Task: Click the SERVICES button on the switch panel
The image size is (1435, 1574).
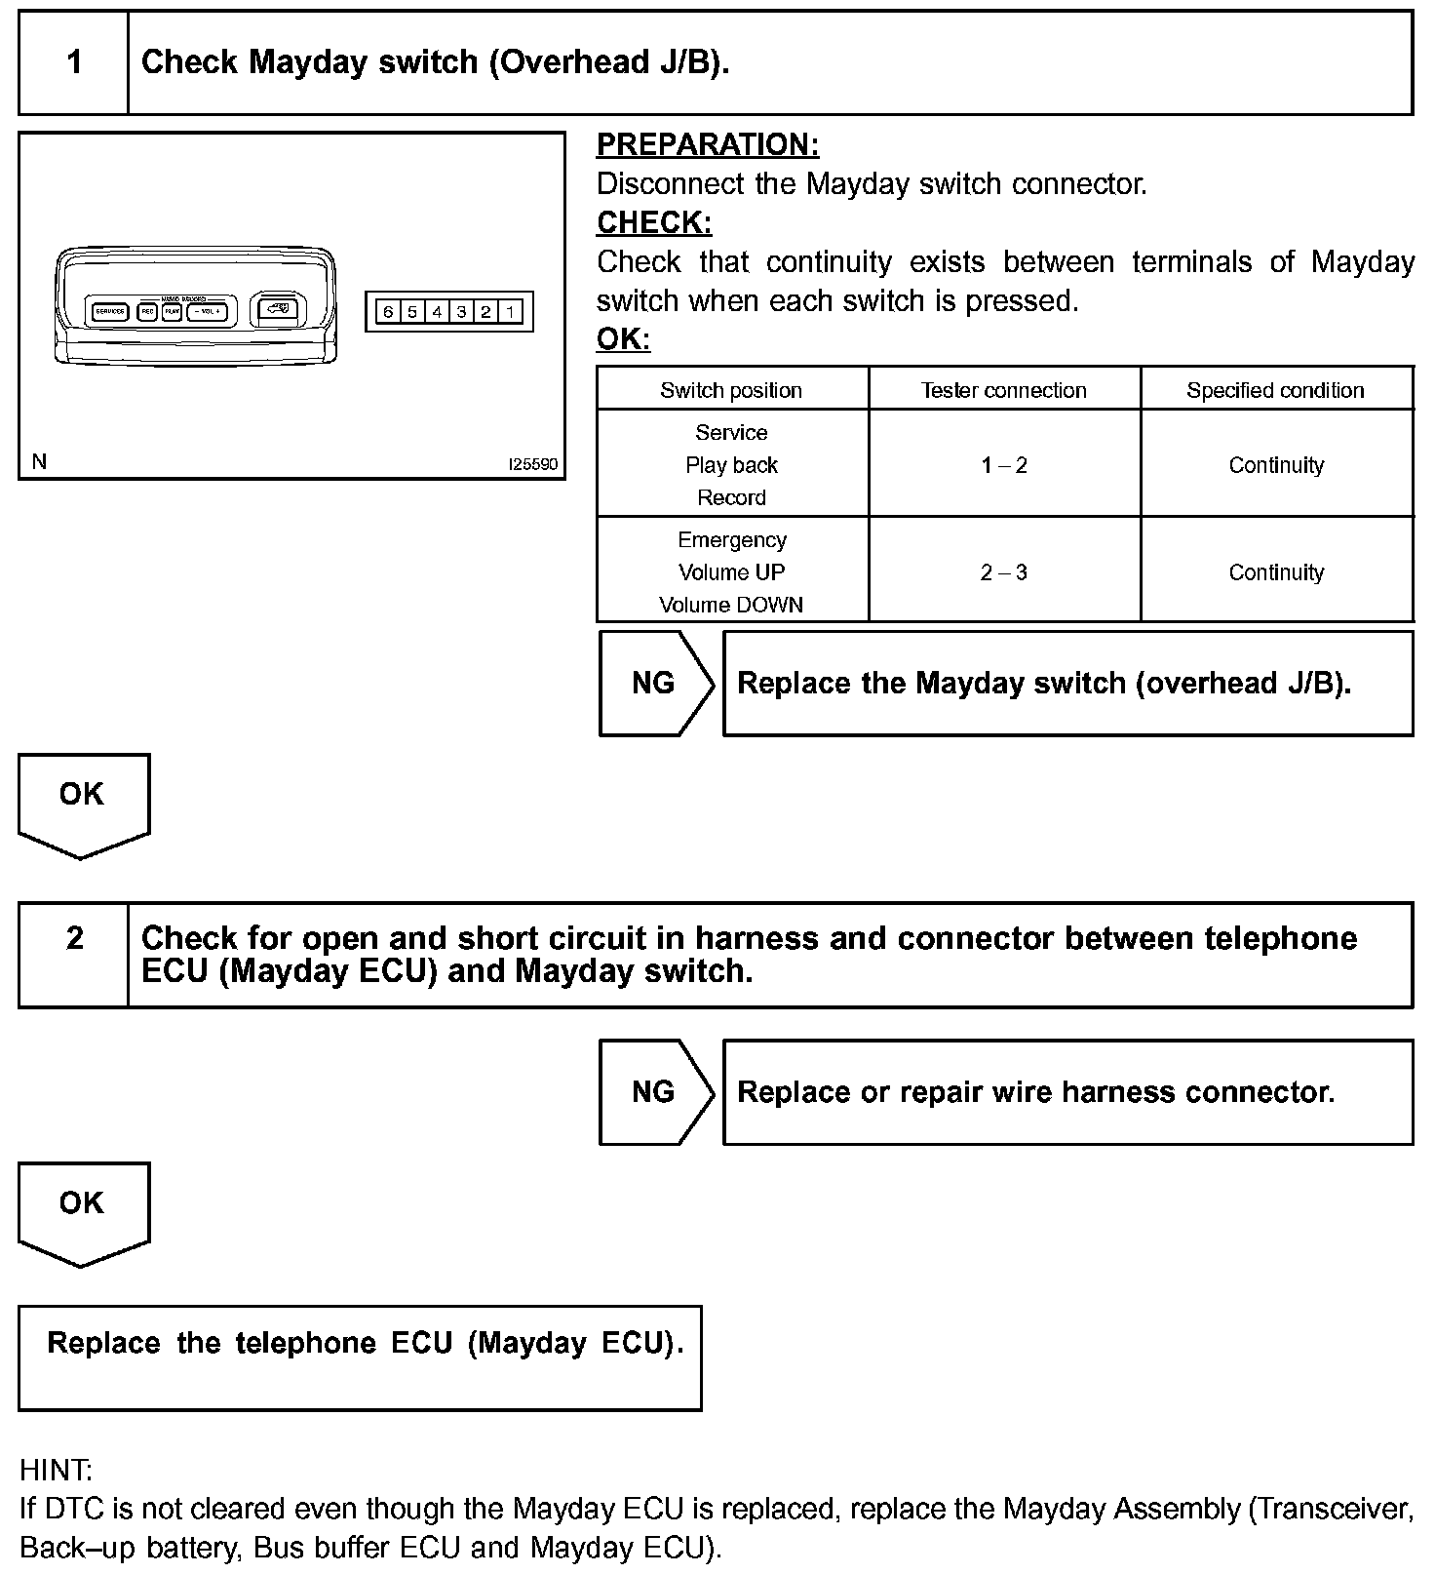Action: tap(109, 312)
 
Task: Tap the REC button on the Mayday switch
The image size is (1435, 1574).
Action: tap(147, 312)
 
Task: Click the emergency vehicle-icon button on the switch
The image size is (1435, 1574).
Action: tap(278, 310)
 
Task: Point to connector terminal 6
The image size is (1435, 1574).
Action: tap(388, 312)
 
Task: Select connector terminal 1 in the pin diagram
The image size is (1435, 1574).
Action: tap(510, 312)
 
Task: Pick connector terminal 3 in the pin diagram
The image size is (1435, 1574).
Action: tap(461, 312)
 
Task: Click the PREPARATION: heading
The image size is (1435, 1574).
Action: tap(708, 145)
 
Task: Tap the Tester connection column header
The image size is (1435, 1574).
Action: tap(1004, 390)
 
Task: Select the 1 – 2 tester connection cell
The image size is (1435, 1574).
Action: tap(1004, 465)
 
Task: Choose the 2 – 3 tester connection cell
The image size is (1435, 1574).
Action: tap(1004, 572)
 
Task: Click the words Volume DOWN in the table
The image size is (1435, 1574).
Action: tap(731, 605)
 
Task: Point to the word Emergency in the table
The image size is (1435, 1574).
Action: tap(731, 540)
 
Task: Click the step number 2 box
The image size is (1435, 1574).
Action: tap(74, 938)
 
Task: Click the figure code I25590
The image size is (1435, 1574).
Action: tap(533, 464)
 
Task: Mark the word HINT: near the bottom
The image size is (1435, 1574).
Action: tap(56, 1470)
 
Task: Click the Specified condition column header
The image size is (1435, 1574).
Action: tap(1275, 390)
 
